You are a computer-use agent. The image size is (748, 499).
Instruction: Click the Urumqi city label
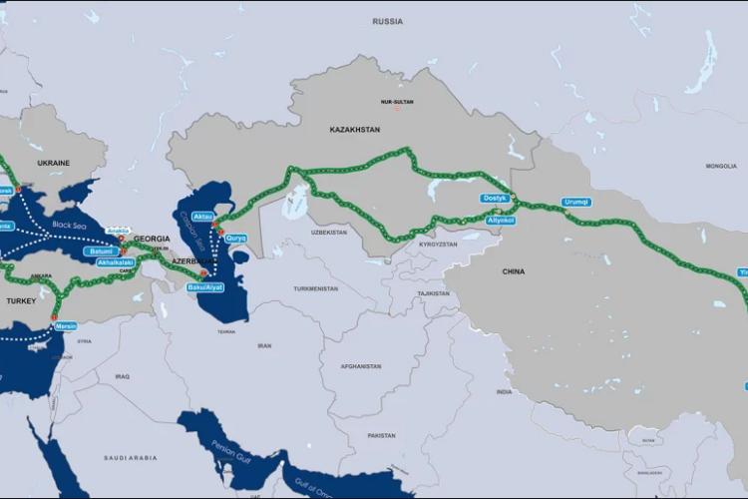[x=576, y=202]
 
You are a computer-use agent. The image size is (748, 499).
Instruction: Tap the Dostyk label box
[x=496, y=198]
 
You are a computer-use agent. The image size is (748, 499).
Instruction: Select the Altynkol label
[x=499, y=220]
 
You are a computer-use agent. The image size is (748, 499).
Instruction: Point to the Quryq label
[x=235, y=238]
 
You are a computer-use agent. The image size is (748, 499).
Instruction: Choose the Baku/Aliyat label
[x=205, y=287]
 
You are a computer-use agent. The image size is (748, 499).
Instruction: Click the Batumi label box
[x=102, y=250]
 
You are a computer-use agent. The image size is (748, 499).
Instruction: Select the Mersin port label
[x=66, y=325]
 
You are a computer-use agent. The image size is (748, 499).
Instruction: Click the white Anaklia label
[x=118, y=230]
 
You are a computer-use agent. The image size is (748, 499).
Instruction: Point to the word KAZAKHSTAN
[x=355, y=130]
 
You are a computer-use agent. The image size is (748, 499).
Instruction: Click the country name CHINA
[x=513, y=271]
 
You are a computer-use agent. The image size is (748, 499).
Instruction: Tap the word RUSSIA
[x=387, y=21]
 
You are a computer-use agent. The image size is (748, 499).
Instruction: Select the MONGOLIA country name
[x=720, y=166]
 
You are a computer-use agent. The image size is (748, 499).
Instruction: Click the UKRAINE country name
[x=54, y=162]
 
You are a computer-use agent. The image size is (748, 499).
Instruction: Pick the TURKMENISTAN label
[x=316, y=288]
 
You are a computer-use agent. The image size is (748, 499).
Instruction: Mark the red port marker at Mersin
[x=54, y=317]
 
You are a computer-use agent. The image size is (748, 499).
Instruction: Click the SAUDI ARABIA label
[x=129, y=457]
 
